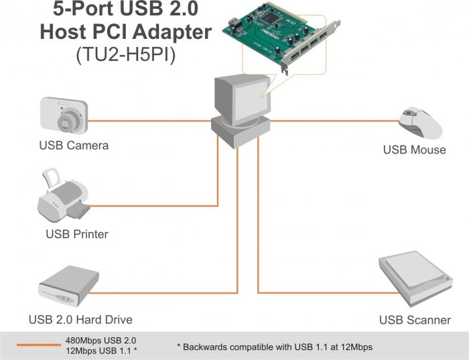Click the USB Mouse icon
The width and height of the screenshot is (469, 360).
(419, 123)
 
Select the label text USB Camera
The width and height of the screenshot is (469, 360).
(74, 145)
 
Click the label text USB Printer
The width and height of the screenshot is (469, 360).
(76, 234)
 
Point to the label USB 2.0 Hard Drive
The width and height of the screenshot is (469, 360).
(80, 319)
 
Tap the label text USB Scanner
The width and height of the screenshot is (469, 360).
(415, 320)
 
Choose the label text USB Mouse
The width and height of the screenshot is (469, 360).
(414, 149)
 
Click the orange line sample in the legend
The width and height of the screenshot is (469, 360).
(38, 345)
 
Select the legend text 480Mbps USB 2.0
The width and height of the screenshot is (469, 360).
(100, 339)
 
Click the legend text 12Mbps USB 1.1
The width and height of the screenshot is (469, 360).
(100, 350)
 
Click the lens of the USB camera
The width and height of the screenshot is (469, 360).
(68, 121)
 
